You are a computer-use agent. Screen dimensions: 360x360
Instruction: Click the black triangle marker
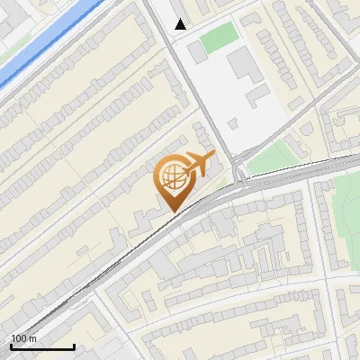coord(181,24)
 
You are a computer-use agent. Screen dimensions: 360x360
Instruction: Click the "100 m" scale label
coord(23,338)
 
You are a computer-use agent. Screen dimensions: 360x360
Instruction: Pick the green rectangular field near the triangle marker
coord(218,38)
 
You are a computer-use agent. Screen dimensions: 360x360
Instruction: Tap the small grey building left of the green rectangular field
coord(197,53)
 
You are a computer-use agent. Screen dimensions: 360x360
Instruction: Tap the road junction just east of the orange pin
coord(239,175)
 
